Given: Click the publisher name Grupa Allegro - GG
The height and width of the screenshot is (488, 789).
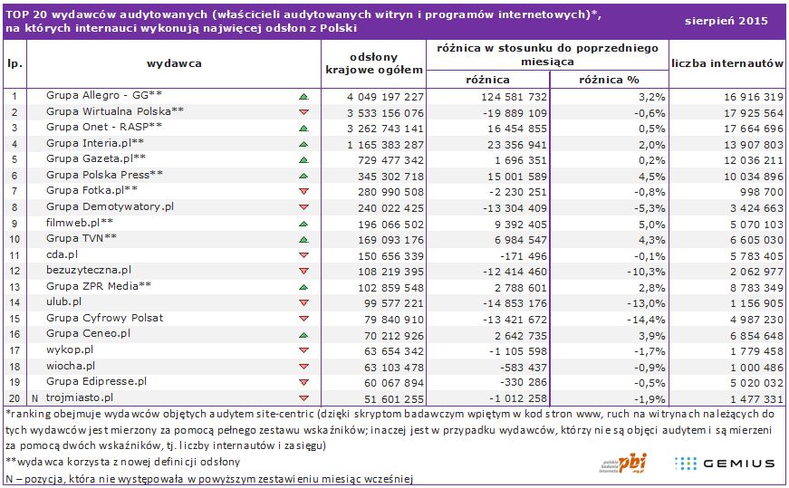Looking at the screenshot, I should tap(104, 95).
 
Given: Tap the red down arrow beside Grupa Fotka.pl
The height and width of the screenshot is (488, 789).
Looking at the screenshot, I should tap(303, 191).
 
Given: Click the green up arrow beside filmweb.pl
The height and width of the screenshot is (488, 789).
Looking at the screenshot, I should tap(303, 223).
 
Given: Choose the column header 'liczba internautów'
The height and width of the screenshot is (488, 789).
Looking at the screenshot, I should tap(727, 63).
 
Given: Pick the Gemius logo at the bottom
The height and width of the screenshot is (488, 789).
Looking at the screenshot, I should tap(725, 463).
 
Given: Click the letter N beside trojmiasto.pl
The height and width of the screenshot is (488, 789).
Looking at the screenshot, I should tap(34, 398).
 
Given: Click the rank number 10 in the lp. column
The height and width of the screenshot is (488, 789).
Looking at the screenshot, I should tap(14, 239).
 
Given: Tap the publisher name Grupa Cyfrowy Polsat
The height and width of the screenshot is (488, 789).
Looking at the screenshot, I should tap(104, 319).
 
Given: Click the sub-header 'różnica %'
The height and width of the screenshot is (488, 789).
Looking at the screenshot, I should tap(609, 80).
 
